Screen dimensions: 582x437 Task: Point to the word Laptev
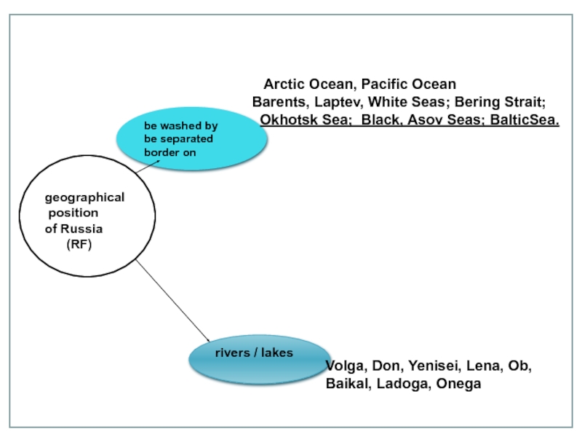point(338,102)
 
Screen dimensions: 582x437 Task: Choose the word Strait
point(525,102)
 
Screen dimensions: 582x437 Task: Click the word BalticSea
point(525,119)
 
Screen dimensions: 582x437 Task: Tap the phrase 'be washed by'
point(180,126)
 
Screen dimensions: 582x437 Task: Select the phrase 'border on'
point(170,153)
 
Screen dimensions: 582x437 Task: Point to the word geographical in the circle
point(84,197)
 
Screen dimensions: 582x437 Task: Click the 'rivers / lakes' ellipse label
point(254,353)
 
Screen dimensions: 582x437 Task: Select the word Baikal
point(347,384)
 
